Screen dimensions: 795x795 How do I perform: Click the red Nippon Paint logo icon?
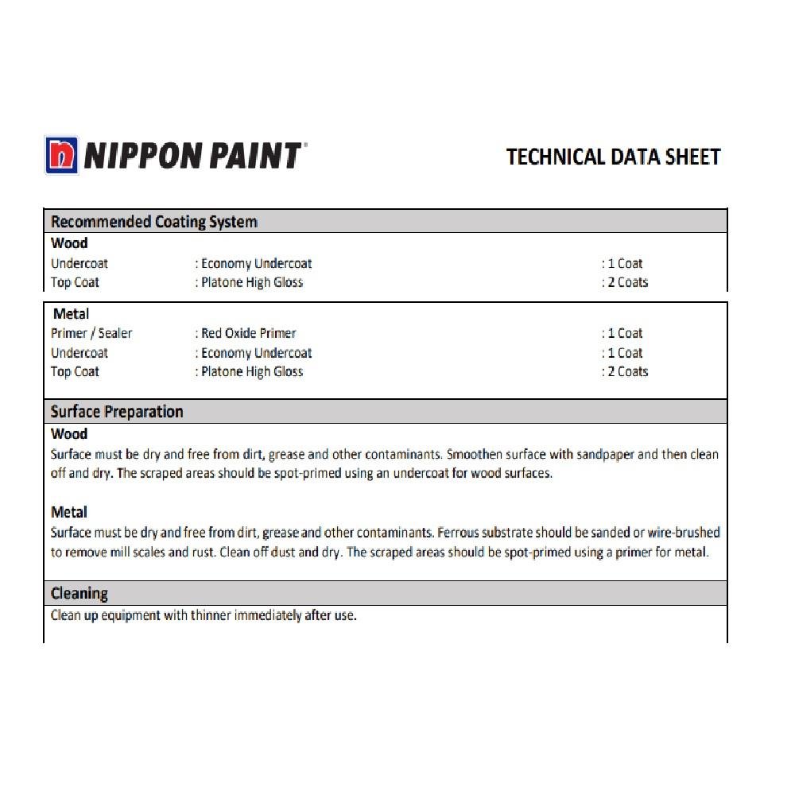pyautogui.click(x=62, y=155)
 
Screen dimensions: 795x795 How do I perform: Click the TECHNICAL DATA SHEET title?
pyautogui.click(x=613, y=157)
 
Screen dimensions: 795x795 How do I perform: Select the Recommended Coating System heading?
pyautogui.click(x=153, y=222)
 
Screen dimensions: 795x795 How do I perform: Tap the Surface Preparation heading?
pyautogui.click(x=117, y=412)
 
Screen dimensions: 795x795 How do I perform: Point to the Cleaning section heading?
pyautogui.click(x=79, y=594)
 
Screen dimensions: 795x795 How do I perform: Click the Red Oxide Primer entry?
pyautogui.click(x=248, y=333)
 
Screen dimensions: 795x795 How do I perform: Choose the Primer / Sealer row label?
pyautogui.click(x=91, y=333)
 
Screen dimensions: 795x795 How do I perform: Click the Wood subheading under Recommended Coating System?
pyautogui.click(x=69, y=243)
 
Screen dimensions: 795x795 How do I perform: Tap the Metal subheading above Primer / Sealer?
pyautogui.click(x=71, y=314)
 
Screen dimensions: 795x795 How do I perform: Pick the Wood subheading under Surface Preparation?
pyautogui.click(x=69, y=434)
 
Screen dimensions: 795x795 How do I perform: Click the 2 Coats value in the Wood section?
pyautogui.click(x=626, y=282)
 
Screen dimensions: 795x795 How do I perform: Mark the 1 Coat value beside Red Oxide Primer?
pyautogui.click(x=623, y=333)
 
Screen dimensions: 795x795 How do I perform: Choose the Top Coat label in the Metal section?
pyautogui.click(x=75, y=372)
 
